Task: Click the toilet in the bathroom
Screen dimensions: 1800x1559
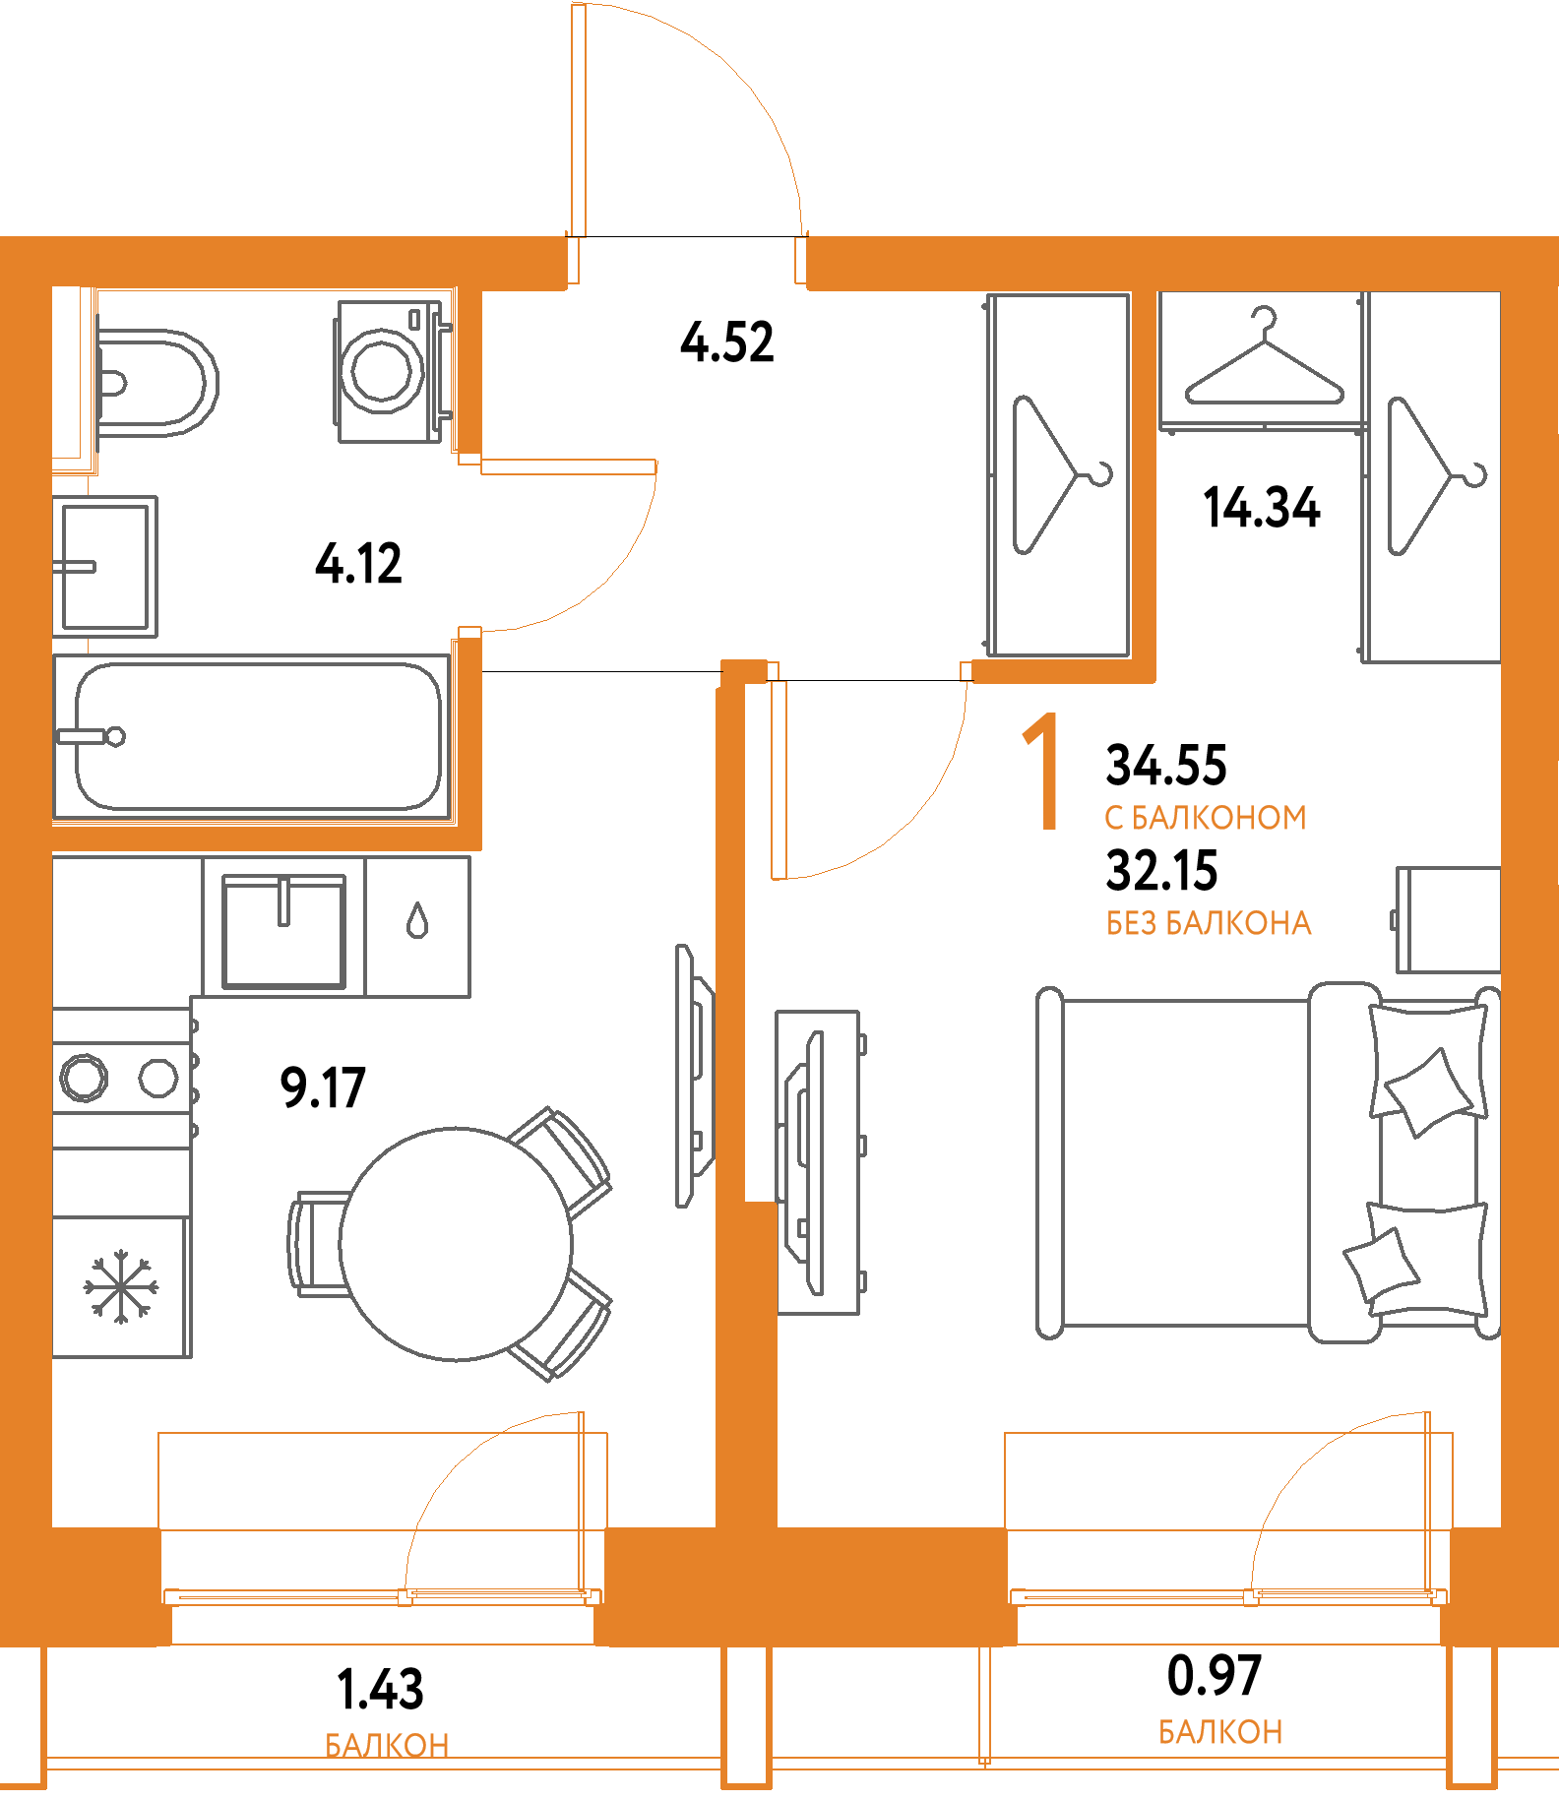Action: click(x=157, y=382)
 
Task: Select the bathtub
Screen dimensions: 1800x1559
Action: click(x=256, y=736)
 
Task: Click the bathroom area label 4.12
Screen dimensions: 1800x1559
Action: click(x=359, y=564)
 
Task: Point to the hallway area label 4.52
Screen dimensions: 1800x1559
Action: click(x=727, y=342)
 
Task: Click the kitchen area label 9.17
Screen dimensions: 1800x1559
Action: click(x=323, y=1087)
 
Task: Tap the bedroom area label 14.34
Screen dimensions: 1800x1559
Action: click(x=1262, y=507)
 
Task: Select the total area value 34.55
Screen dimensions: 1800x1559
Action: click(x=1166, y=765)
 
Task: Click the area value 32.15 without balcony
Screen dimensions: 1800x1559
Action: click(x=1162, y=870)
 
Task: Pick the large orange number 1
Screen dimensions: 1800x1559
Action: click(x=1041, y=774)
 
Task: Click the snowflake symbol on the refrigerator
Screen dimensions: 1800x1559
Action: click(x=121, y=1286)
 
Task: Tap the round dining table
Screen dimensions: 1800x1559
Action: click(x=456, y=1244)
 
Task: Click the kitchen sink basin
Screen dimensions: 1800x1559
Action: click(x=283, y=930)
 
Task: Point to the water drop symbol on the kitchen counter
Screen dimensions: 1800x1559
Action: click(x=417, y=921)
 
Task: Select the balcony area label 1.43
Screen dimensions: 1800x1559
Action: click(x=380, y=1689)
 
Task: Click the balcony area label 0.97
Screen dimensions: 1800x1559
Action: click(x=1214, y=1676)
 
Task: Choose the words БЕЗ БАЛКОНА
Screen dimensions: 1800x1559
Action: click(x=1209, y=923)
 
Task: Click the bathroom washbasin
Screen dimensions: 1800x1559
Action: click(x=106, y=566)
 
